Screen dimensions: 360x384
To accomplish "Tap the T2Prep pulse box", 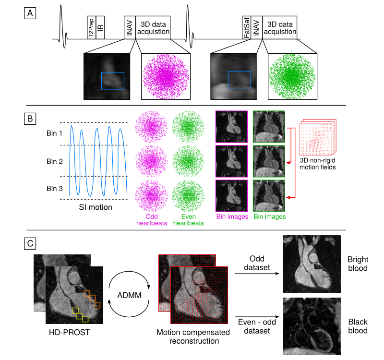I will (91, 27).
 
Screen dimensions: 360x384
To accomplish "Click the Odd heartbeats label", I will (151, 220).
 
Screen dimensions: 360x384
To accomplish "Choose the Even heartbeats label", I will (188, 220).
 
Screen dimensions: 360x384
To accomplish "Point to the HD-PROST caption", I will (62, 332).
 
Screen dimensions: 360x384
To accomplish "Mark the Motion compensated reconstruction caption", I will (188, 336).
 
